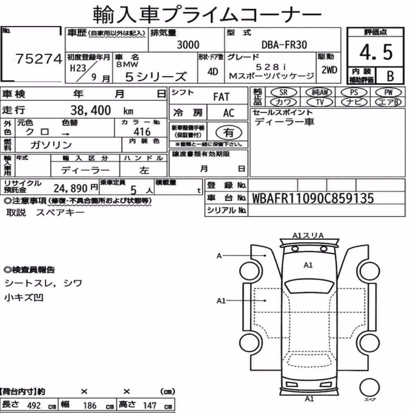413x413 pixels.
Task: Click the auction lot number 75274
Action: click(39, 59)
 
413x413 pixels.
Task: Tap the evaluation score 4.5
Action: click(376, 52)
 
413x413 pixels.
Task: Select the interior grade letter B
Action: click(390, 76)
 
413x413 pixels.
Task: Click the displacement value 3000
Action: click(188, 45)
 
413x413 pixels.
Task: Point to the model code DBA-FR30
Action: click(284, 45)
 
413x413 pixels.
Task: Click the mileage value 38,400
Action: click(90, 110)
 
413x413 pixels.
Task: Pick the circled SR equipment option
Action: click(283, 92)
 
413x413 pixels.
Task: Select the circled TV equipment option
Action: click(320, 102)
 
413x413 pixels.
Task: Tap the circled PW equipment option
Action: click(388, 92)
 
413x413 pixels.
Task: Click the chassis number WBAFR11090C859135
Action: click(313, 198)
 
